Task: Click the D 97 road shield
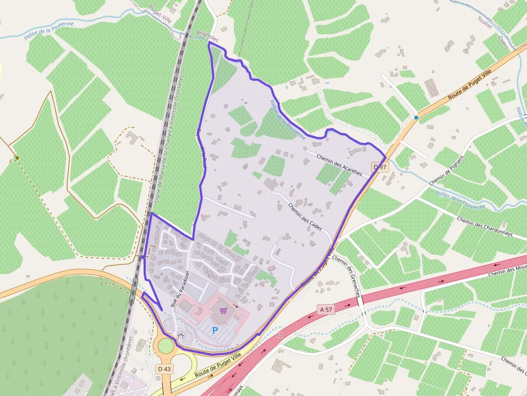point(380,167)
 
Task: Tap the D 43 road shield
point(164,369)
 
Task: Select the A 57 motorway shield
point(326,309)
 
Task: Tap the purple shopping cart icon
point(223,310)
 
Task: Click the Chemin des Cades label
point(305,217)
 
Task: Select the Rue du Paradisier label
point(180,288)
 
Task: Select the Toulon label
point(485,23)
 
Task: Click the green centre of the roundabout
point(166,345)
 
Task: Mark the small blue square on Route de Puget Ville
point(416,117)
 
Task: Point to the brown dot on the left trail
point(17,158)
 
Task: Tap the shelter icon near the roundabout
point(180,335)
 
